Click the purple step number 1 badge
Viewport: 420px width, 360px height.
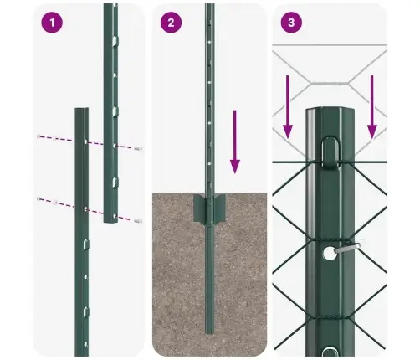click(52, 23)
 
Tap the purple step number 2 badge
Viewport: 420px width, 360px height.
click(171, 23)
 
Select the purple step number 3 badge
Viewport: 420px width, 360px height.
click(290, 23)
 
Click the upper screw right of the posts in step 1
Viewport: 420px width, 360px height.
click(139, 148)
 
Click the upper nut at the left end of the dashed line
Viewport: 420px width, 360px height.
click(40, 136)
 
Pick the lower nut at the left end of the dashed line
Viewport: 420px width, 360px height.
click(39, 199)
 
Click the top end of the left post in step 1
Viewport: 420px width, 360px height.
click(81, 110)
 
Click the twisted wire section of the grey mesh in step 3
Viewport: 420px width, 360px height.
click(333, 84)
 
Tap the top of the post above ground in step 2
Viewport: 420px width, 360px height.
click(209, 7)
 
